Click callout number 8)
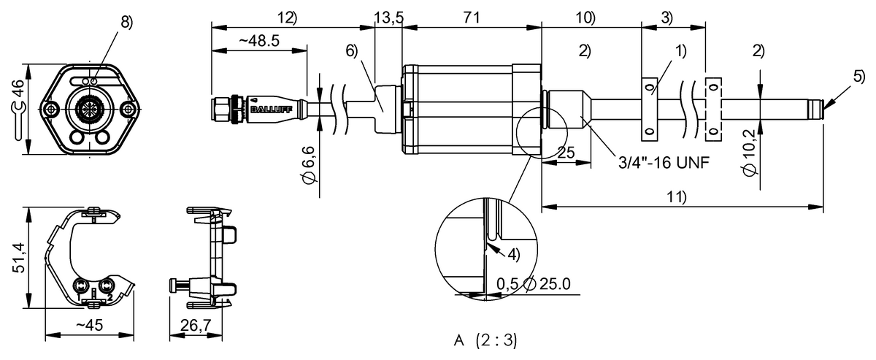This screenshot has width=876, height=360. coord(127,23)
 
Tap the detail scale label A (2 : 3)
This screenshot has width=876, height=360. coord(485,341)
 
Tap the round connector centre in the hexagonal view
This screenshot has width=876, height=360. coord(89,110)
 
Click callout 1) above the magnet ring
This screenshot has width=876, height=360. coord(681,50)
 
